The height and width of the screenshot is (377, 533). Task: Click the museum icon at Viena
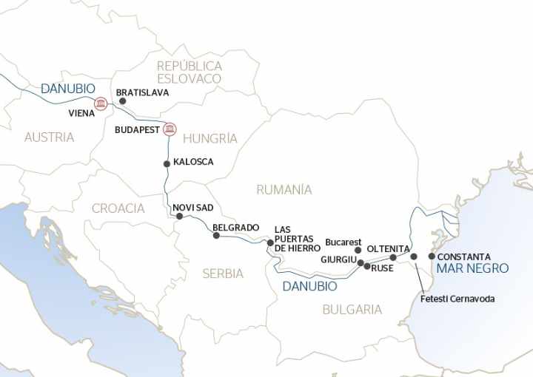point(101,103)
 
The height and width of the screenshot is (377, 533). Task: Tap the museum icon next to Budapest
point(170,129)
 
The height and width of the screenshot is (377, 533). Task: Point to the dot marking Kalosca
point(167,163)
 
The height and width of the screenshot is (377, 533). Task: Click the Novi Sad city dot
point(178,216)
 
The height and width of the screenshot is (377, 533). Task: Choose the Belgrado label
point(235,227)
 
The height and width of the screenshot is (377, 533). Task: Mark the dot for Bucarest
point(358,251)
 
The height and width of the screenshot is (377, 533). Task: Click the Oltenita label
point(388,248)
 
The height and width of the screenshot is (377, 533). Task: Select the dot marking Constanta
point(432,257)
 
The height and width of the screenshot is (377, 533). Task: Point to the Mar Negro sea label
point(472,269)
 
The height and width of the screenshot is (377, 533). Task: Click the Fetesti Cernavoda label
point(457,299)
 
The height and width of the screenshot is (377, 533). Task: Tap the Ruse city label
point(382,268)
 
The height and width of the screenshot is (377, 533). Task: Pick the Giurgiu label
point(338,260)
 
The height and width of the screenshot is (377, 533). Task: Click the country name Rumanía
point(284,190)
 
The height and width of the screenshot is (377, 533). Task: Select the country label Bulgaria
point(352,310)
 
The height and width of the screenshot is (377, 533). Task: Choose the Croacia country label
point(118,208)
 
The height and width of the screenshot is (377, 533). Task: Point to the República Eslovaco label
point(189,72)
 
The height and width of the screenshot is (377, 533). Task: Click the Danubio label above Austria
point(67,89)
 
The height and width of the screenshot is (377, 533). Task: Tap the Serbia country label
point(223,274)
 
